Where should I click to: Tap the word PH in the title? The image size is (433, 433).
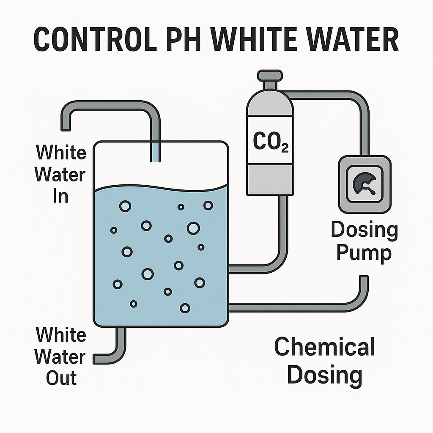[x=184, y=39]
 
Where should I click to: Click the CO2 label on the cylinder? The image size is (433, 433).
[x=271, y=142]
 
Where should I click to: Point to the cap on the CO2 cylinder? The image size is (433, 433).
[x=270, y=75]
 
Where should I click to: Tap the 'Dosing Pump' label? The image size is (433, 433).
[x=364, y=241]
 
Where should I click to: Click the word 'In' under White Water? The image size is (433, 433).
[x=60, y=196]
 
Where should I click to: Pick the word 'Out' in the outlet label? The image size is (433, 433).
[x=61, y=378]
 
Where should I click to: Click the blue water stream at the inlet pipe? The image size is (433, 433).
[x=155, y=152]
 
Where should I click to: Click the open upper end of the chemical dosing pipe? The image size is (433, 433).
[x=364, y=277]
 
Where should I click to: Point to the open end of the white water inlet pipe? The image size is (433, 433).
[x=66, y=130]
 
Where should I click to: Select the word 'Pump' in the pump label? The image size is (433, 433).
[x=364, y=253]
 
